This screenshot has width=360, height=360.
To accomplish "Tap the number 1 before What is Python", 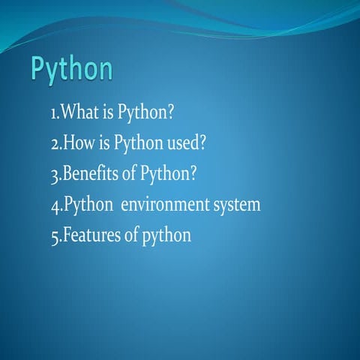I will point(52,114).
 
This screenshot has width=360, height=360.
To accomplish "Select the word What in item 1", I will point(76,113).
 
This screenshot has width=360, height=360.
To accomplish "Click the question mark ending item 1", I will point(170,113).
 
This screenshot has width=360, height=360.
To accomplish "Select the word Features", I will point(89,235).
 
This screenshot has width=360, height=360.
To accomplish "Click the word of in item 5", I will point(130,235).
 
